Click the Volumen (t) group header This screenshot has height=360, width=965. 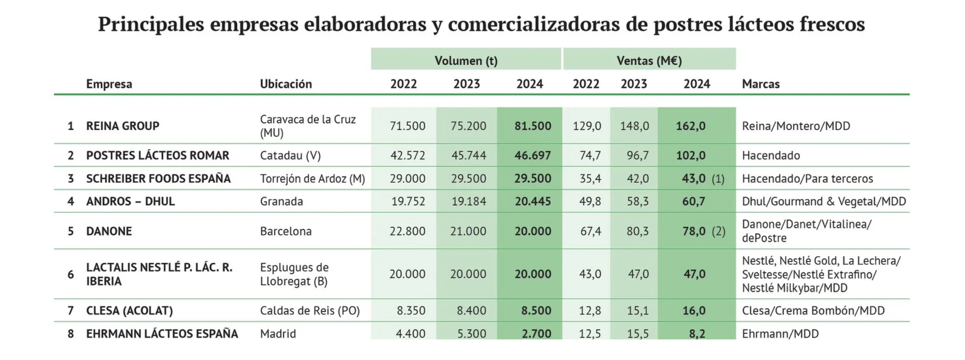click(466, 61)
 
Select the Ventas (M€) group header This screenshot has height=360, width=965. click(649, 61)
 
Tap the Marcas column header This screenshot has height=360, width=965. click(760, 84)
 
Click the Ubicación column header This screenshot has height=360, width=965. click(286, 84)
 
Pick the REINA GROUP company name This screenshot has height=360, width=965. click(122, 126)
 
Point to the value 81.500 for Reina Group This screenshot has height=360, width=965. click(532, 126)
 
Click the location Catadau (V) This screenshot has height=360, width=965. click(290, 155)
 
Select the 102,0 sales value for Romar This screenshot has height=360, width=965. click(690, 155)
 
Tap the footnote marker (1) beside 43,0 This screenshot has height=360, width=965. click(718, 179)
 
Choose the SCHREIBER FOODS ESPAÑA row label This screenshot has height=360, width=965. click(158, 178)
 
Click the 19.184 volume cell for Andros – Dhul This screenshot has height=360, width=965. click(469, 201)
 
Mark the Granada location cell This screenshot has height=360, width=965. click(281, 201)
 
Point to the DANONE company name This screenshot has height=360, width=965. click(109, 231)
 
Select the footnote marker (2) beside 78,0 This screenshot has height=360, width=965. click(718, 231)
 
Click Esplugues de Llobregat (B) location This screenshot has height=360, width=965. click(294, 274)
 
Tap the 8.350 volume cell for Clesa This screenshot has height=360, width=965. click(410, 311)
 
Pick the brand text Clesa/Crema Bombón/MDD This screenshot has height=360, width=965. click(813, 311)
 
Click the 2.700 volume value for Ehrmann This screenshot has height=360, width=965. click(536, 333)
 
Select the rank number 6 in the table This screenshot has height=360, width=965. click(70, 274)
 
